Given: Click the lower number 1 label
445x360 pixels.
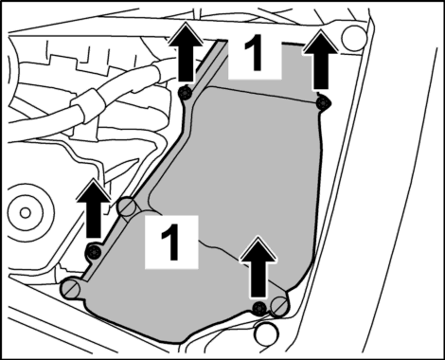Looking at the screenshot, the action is (x=171, y=242).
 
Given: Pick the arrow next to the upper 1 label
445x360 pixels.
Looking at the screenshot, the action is (x=320, y=60).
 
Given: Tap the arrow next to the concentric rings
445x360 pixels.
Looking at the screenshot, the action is (x=93, y=208).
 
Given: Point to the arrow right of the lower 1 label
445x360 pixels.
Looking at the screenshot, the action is (x=258, y=267).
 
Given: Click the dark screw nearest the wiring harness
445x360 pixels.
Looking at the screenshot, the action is (x=185, y=93).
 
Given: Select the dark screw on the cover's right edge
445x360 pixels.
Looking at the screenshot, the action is (x=324, y=102).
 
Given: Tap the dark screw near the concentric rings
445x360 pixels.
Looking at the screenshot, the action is (x=94, y=252).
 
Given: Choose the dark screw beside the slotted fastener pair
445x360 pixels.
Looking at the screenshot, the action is (x=259, y=307).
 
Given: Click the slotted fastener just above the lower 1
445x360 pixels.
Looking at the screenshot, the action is (x=128, y=207).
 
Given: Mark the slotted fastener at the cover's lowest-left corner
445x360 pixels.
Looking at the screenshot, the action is (x=71, y=288).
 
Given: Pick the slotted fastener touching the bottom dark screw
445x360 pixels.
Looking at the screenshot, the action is (x=279, y=306).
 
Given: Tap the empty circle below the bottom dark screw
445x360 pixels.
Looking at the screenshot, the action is (x=267, y=333).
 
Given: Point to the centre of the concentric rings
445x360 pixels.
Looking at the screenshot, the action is (x=25, y=212).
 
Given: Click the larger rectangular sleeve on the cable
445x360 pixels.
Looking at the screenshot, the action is (x=86, y=104).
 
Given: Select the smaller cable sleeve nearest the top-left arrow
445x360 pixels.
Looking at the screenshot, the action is (x=157, y=73).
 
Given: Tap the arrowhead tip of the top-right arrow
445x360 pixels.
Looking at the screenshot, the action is (x=321, y=30).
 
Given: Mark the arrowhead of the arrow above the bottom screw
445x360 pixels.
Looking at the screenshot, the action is (x=258, y=237).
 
